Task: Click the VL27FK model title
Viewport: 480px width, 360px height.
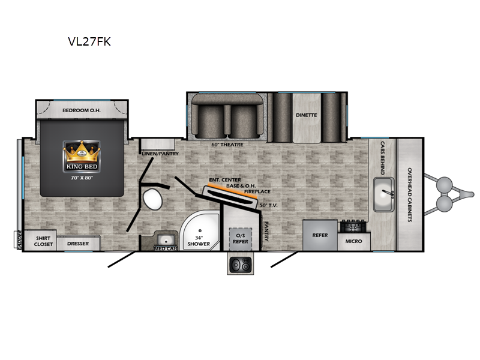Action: click(89, 41)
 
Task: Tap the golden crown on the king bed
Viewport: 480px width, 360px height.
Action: click(82, 152)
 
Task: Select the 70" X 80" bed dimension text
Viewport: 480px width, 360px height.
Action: click(82, 178)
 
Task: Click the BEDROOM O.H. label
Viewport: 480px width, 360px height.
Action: click(82, 110)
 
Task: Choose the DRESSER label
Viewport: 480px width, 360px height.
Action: click(78, 244)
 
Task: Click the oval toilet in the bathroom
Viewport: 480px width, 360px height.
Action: click(153, 199)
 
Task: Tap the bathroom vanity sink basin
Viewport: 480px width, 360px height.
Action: click(166, 239)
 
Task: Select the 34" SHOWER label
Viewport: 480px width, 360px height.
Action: click(199, 241)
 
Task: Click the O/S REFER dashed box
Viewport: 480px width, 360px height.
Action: click(241, 238)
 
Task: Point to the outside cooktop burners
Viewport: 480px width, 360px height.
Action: click(241, 264)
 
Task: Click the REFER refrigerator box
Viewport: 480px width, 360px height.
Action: click(320, 235)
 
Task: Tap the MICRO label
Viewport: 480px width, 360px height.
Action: click(353, 241)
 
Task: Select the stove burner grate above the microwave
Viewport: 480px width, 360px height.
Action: click(353, 227)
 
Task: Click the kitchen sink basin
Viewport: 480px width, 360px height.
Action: click(383, 194)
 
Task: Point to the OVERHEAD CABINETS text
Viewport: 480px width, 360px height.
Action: click(410, 194)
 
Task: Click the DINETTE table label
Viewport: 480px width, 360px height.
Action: click(307, 115)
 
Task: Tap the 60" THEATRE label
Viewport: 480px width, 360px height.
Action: click(227, 145)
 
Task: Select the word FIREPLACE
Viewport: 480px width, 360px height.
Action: click(257, 191)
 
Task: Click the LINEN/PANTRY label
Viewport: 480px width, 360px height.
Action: click(160, 154)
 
